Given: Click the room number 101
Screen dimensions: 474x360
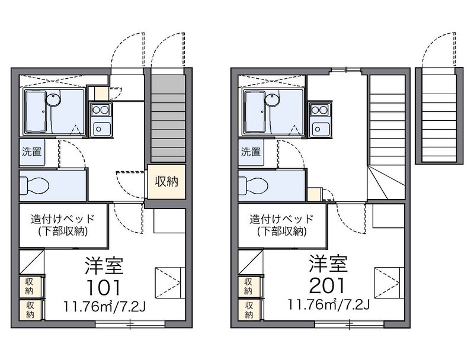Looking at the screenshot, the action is point(103,287).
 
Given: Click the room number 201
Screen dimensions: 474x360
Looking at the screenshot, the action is point(327,286).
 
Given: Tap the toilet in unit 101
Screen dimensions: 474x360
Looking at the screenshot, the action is point(34,185).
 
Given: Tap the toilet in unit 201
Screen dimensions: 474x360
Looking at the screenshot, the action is point(253,185).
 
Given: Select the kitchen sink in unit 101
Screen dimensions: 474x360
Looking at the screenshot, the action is point(101,129).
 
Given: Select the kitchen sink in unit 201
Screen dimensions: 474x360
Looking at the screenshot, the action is point(320,129).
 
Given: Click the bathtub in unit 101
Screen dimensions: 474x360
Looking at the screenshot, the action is point(36,112).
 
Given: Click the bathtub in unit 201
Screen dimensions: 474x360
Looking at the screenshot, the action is point(255,112).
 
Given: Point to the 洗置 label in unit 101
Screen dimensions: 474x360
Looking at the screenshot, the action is point(32,152).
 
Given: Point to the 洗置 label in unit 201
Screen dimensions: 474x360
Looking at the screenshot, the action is point(251,152).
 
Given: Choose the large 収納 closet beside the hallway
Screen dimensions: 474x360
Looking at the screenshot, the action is point(166,182).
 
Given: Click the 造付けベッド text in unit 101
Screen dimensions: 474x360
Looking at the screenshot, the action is point(63,219).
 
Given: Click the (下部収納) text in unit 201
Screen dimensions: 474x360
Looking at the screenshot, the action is point(282,232).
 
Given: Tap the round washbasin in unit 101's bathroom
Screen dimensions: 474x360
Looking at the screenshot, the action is point(53,99).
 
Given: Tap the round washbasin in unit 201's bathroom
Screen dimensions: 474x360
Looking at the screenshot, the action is point(272,99).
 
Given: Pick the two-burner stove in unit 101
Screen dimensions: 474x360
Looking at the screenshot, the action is point(101,110).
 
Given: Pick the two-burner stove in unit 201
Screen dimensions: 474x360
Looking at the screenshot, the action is point(320,110).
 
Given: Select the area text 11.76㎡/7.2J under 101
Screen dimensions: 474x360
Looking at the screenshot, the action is point(104,307).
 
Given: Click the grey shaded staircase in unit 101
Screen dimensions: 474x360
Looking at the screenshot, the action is point(168,118).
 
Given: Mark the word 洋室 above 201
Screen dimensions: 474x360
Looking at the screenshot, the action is point(328,263).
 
